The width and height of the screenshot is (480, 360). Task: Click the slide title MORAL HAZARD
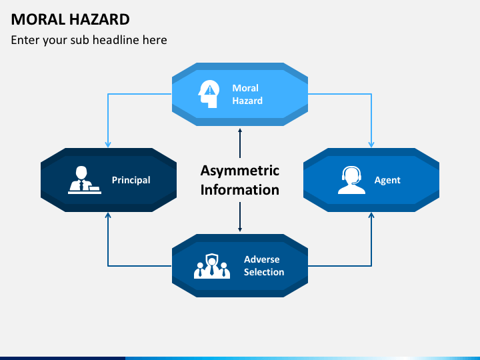(x=70, y=19)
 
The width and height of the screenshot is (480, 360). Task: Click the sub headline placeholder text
(x=89, y=40)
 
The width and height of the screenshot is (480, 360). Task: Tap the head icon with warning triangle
(x=209, y=95)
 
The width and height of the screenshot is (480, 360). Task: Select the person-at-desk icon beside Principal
(x=84, y=180)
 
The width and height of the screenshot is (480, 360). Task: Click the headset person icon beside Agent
(x=351, y=180)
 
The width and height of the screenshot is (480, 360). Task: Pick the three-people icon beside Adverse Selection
(x=211, y=265)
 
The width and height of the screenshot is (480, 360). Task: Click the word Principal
(x=131, y=180)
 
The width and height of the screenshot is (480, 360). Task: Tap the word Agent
(x=387, y=180)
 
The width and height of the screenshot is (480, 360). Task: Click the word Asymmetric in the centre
(x=240, y=170)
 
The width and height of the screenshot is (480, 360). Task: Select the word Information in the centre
(x=240, y=189)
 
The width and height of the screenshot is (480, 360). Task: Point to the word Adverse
(x=262, y=259)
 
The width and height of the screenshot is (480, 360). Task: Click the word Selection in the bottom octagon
(x=264, y=272)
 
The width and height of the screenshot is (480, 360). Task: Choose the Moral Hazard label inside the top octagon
(x=247, y=95)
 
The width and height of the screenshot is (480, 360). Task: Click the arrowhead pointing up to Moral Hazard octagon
(x=240, y=131)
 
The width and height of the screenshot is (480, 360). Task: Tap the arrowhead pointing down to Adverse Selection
(x=240, y=229)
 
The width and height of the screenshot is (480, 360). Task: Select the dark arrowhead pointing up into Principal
(x=108, y=216)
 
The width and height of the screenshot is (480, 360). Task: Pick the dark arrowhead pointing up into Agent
(x=371, y=216)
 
